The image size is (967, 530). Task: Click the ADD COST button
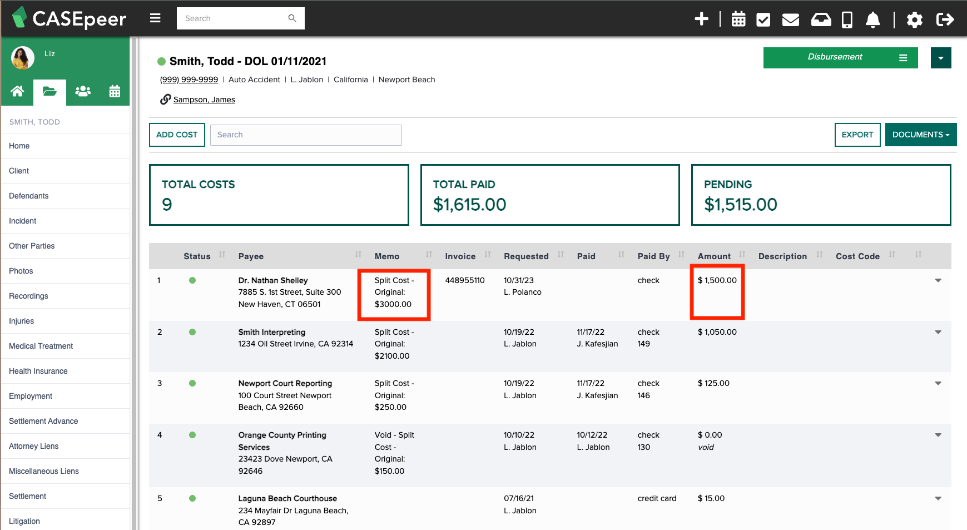pyautogui.click(x=177, y=135)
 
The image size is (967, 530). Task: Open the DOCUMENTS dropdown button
pyautogui.click(x=920, y=135)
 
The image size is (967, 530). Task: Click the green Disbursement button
pyautogui.click(x=840, y=57)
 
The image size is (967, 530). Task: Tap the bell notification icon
pyautogui.click(x=872, y=19)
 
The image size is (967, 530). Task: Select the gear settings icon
pyautogui.click(x=914, y=19)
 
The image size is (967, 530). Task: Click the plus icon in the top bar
pyautogui.click(x=701, y=19)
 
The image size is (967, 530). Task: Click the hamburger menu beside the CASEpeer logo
pyautogui.click(x=155, y=18)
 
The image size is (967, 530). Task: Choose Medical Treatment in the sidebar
pyautogui.click(x=41, y=346)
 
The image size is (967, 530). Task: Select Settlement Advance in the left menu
pyautogui.click(x=43, y=421)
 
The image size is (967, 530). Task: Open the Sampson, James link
pyautogui.click(x=204, y=100)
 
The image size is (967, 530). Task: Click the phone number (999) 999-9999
pyautogui.click(x=189, y=80)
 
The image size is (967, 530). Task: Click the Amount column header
pyautogui.click(x=714, y=256)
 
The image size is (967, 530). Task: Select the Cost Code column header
pyautogui.click(x=857, y=256)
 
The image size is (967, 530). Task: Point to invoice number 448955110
pyautogui.click(x=465, y=280)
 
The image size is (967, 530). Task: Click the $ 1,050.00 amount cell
pyautogui.click(x=717, y=332)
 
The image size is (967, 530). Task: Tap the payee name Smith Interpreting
pyautogui.click(x=272, y=332)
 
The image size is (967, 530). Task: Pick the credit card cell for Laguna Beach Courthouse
pyautogui.click(x=657, y=498)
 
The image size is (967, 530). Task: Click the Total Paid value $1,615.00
pyautogui.click(x=470, y=205)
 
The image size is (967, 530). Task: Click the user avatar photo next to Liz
pyautogui.click(x=23, y=58)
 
